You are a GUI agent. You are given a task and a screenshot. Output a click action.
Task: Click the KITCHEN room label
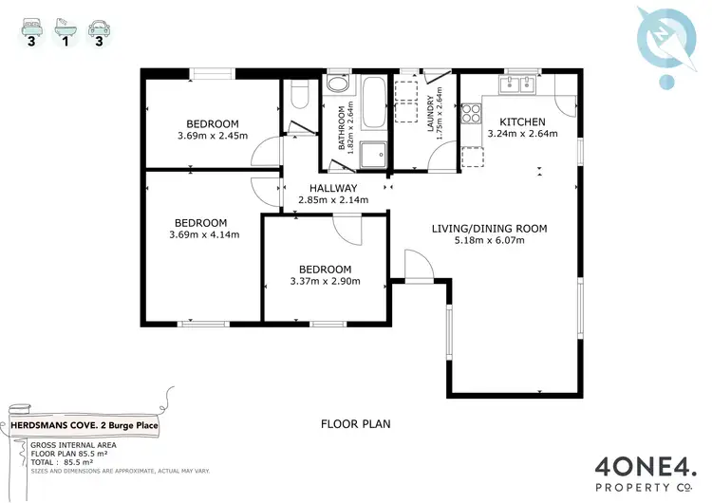point(522,121)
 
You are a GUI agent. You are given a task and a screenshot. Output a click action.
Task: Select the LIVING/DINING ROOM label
point(489,229)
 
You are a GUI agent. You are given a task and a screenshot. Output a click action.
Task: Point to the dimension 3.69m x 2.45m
point(212,136)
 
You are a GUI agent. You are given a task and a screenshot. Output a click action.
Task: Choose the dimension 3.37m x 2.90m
point(325,281)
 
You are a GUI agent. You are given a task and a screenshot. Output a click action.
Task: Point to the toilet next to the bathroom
point(299,96)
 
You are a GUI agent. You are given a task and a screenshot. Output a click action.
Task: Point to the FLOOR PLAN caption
point(356,424)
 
